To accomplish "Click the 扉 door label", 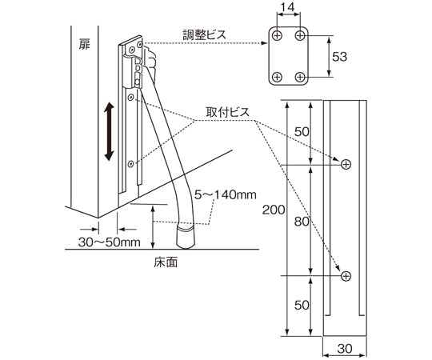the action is [85, 44].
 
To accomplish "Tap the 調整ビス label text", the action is [205, 35].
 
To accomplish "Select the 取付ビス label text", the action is [227, 112].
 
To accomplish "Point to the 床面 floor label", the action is [166, 262].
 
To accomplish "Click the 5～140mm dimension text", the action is [225, 195].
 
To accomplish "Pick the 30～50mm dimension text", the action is [109, 242].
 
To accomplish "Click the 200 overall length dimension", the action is [274, 210].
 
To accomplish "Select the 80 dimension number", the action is [302, 222].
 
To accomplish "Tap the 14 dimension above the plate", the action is [288, 7].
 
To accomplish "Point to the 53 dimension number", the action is [339, 57].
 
